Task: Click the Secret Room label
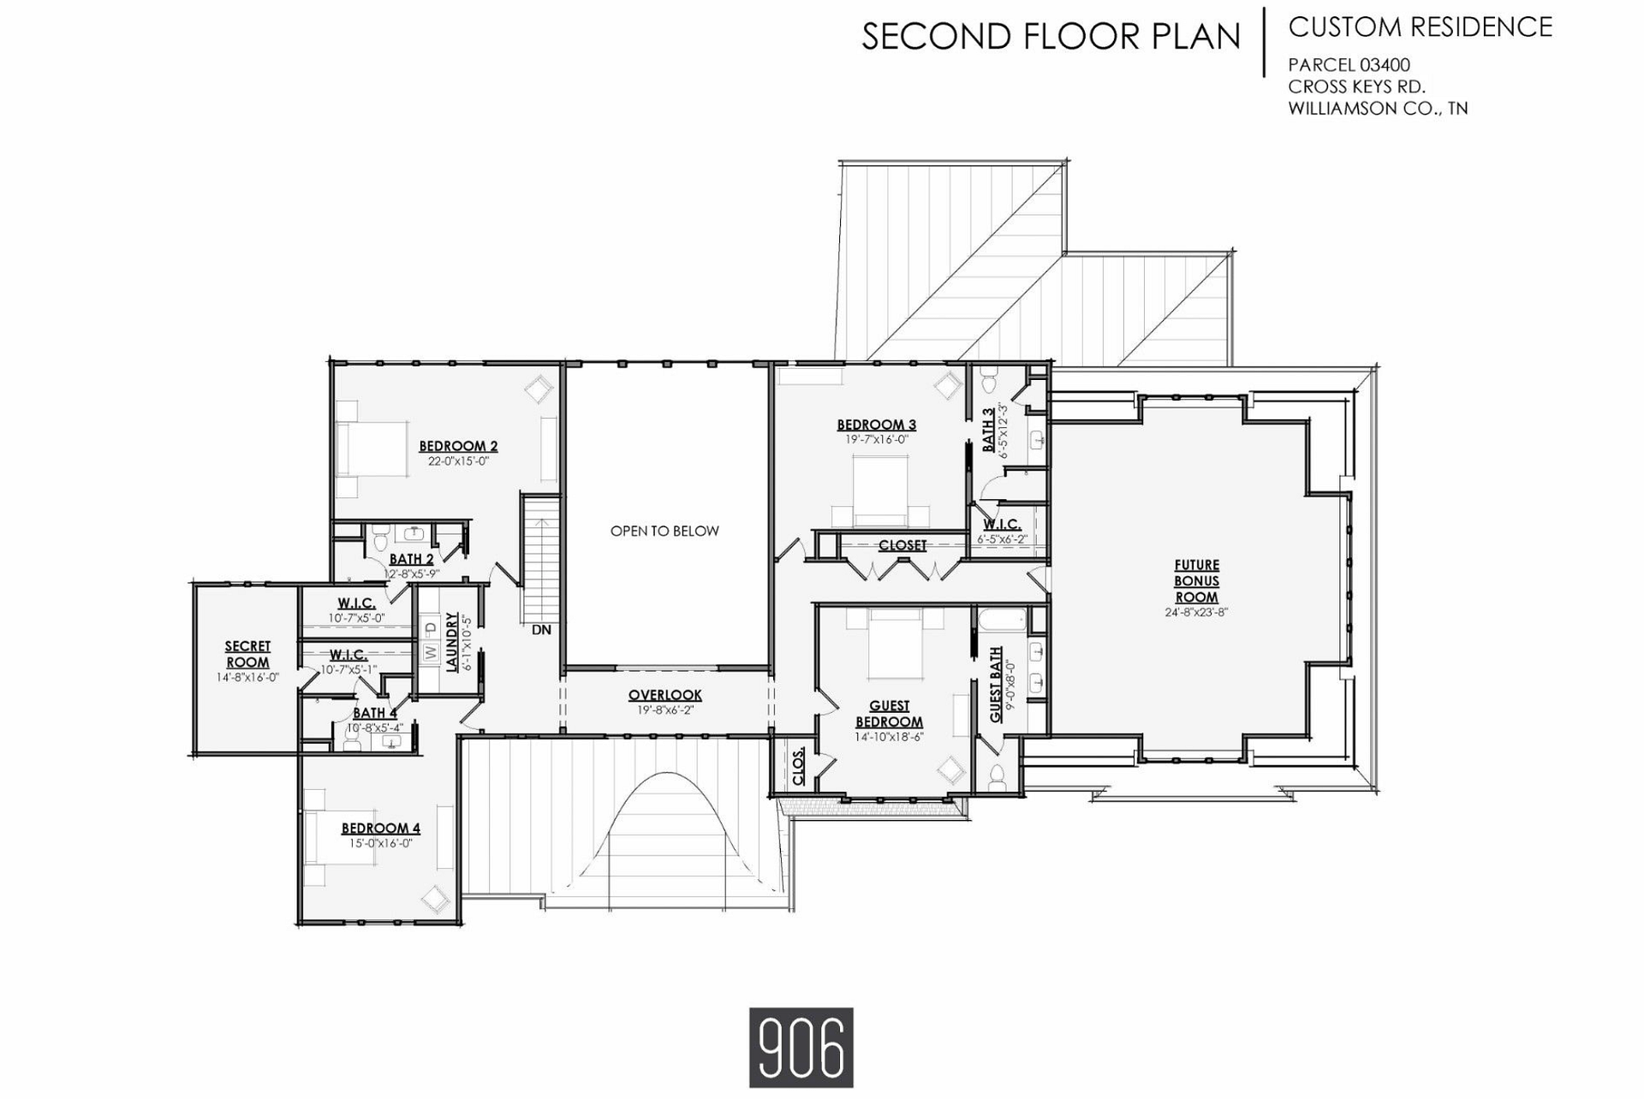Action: click(247, 655)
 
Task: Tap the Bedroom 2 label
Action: click(458, 446)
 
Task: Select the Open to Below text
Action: click(664, 531)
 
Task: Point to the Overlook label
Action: click(665, 695)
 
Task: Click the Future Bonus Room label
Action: click(1196, 581)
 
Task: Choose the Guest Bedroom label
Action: click(889, 714)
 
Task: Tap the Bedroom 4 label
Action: click(381, 828)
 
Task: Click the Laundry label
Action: click(452, 642)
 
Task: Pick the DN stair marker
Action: click(541, 630)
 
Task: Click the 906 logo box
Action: click(801, 1048)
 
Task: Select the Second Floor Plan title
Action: click(1051, 36)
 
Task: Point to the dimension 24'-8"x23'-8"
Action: click(1196, 612)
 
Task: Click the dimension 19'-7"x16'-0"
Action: click(877, 439)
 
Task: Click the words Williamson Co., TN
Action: click(1378, 109)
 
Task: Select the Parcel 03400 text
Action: click(1349, 65)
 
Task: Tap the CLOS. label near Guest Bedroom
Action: click(799, 768)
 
